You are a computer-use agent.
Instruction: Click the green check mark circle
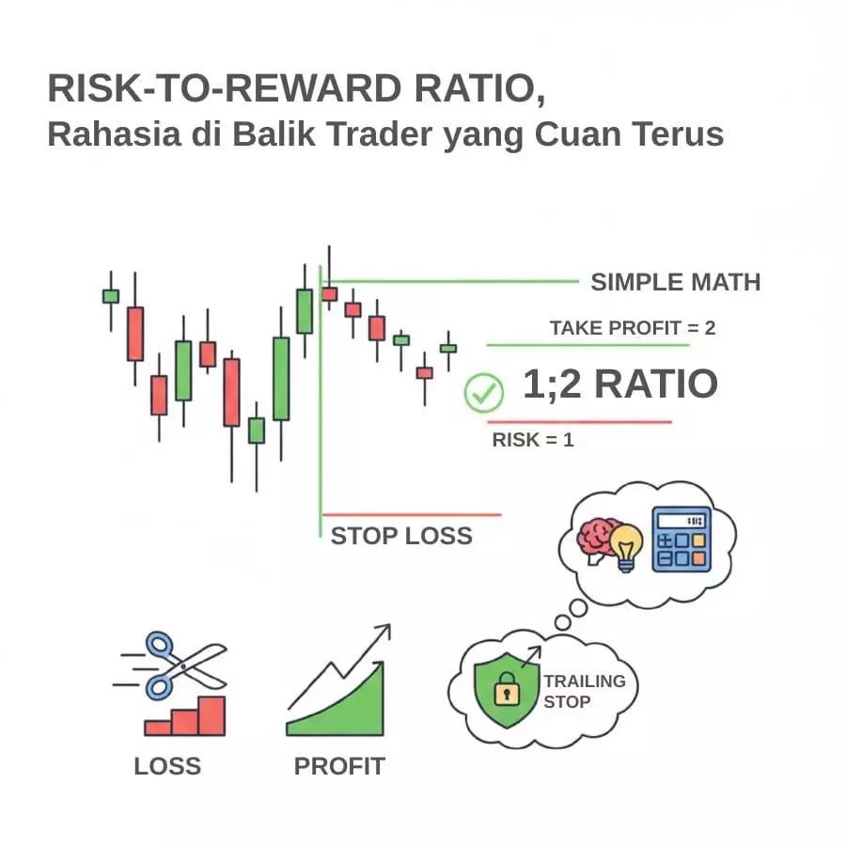pyautogui.click(x=484, y=393)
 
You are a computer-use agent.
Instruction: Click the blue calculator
pyautogui.click(x=681, y=540)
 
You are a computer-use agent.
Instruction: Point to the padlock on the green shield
pyautogui.click(x=507, y=689)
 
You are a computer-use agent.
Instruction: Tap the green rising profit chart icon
pyautogui.click(x=337, y=681)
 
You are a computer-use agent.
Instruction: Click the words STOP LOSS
pyautogui.click(x=401, y=536)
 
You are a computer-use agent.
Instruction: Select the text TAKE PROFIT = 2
pyautogui.click(x=633, y=327)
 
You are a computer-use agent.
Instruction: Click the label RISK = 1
pyautogui.click(x=533, y=440)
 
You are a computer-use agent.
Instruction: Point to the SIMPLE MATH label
pyautogui.click(x=676, y=282)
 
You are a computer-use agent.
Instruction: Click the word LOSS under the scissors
pyautogui.click(x=167, y=766)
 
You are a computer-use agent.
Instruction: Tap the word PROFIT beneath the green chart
pyautogui.click(x=339, y=766)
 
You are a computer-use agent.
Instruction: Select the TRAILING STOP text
pyautogui.click(x=585, y=691)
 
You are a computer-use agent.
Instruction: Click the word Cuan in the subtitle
pyautogui.click(x=578, y=133)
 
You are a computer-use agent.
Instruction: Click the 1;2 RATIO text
pyautogui.click(x=620, y=384)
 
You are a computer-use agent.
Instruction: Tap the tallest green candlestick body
pyautogui.click(x=281, y=379)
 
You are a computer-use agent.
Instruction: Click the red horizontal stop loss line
pyautogui.click(x=412, y=515)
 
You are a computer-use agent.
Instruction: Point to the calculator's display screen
pyautogui.click(x=681, y=521)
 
